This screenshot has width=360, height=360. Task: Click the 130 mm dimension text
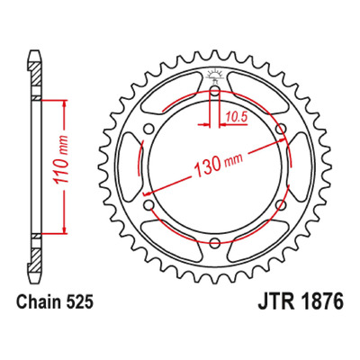(x=219, y=164)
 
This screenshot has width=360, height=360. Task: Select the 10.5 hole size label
(x=237, y=117)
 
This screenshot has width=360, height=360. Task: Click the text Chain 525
(x=55, y=302)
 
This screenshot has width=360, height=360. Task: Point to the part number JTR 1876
(x=300, y=302)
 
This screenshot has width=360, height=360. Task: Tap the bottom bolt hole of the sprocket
(x=215, y=243)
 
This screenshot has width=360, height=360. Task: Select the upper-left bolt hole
(x=148, y=130)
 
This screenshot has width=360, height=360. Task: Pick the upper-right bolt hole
(x=281, y=130)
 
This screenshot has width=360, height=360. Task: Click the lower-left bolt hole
(x=148, y=205)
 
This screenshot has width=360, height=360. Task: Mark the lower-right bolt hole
(x=281, y=205)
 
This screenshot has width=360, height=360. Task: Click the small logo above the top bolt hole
(x=214, y=75)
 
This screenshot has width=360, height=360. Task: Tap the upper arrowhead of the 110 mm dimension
(x=64, y=103)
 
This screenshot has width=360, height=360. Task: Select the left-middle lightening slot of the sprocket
(x=129, y=167)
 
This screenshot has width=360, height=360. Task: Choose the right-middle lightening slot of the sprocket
(x=301, y=167)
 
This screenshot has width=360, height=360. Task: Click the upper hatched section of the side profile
(x=36, y=74)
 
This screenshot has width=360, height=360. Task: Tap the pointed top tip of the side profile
(x=35, y=51)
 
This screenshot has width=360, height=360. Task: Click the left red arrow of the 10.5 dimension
(x=203, y=124)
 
